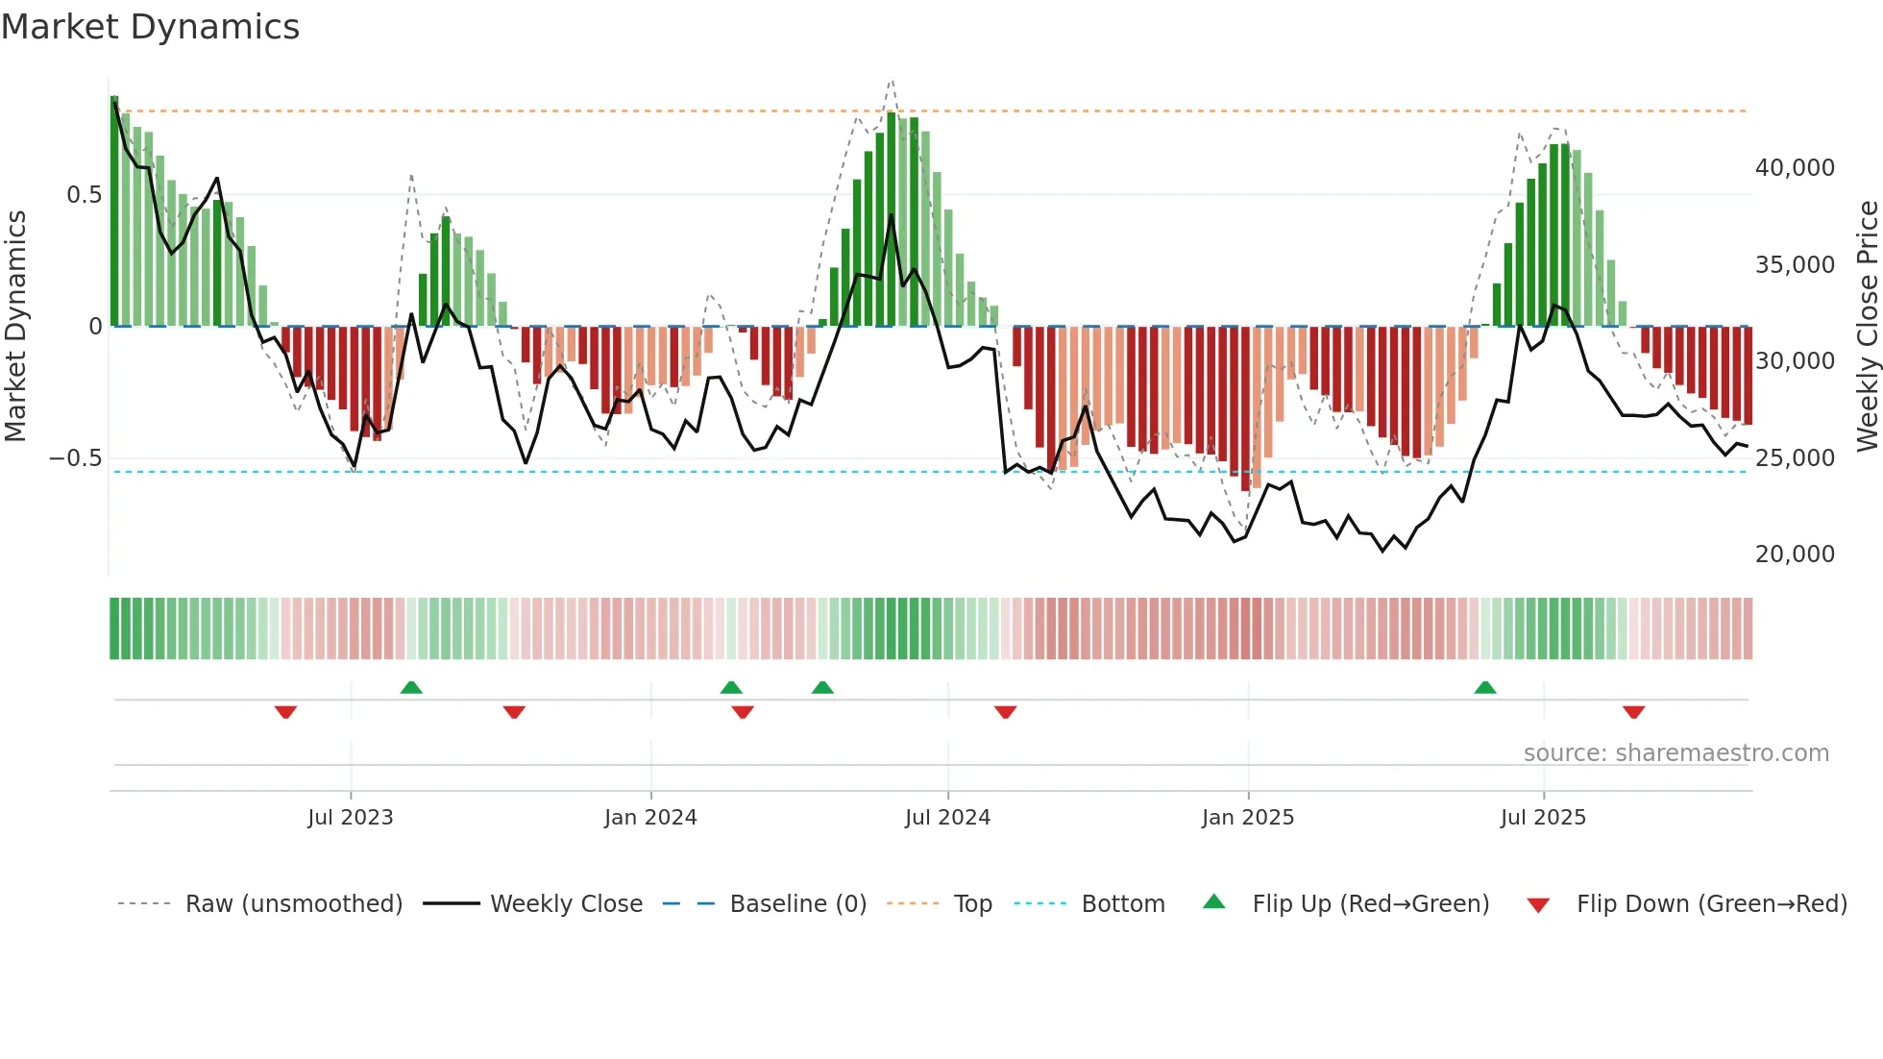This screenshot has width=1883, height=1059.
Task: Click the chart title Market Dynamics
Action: (150, 27)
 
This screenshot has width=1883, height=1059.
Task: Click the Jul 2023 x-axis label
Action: (351, 818)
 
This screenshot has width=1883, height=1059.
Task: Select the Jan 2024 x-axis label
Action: (650, 818)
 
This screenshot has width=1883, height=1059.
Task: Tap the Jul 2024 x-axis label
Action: (947, 818)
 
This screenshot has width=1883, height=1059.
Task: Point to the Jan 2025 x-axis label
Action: (1248, 818)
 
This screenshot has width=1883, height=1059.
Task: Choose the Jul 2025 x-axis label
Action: (1543, 818)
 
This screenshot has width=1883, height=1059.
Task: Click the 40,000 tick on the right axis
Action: (1795, 168)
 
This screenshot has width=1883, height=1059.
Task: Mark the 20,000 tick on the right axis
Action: (1795, 554)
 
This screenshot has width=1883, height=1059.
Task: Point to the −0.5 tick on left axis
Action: (75, 458)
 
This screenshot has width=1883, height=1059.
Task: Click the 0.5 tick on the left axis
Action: (84, 195)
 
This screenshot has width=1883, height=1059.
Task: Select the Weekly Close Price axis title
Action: (1867, 327)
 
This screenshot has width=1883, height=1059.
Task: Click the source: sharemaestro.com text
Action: (1675, 753)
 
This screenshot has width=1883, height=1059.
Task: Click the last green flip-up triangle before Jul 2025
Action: (1485, 688)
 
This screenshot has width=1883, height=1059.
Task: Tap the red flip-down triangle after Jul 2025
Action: (1634, 712)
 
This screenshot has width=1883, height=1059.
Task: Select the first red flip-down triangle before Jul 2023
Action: (285, 712)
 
